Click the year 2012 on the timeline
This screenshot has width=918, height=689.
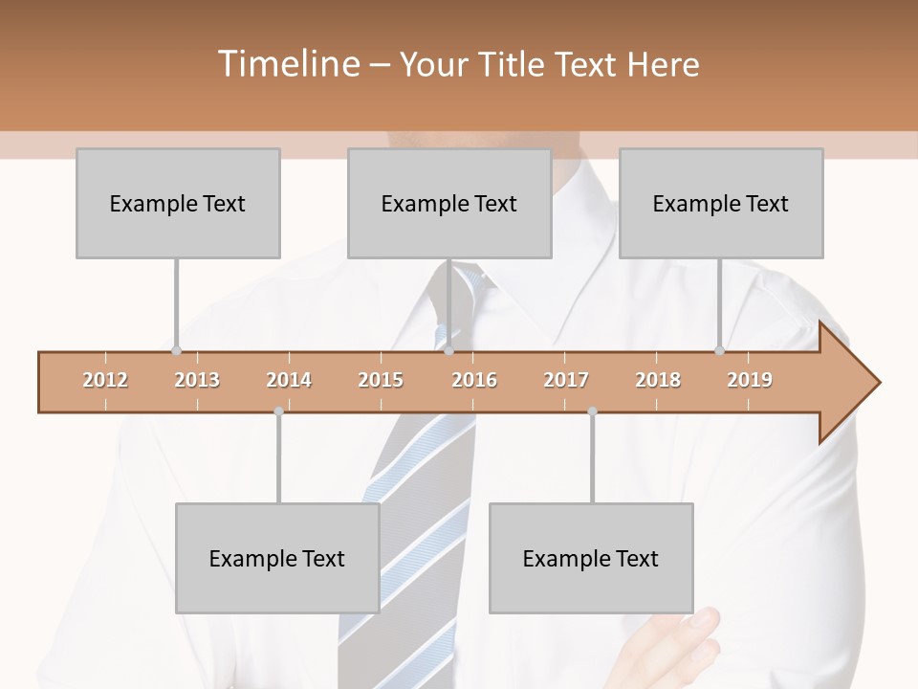click(x=105, y=380)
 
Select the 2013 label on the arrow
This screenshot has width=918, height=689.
click(x=197, y=380)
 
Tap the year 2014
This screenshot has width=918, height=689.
click(x=289, y=380)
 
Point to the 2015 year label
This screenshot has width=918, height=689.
click(x=381, y=380)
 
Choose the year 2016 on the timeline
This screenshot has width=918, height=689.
click(x=474, y=380)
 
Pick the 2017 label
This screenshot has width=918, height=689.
click(x=566, y=380)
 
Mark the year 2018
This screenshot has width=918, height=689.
click(x=658, y=380)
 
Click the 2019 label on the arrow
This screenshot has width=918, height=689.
click(x=750, y=380)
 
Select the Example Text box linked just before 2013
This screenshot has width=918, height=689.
click(x=178, y=203)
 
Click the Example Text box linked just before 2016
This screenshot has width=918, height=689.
click(x=449, y=203)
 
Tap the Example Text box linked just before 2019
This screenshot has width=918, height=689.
click(x=721, y=203)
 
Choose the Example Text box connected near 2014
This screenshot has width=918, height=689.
click(x=277, y=558)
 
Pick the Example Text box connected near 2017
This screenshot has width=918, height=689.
click(x=591, y=558)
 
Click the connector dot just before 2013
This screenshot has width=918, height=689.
click(x=176, y=350)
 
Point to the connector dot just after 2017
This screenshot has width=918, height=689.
click(x=592, y=411)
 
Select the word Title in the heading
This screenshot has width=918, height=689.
click(x=514, y=64)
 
